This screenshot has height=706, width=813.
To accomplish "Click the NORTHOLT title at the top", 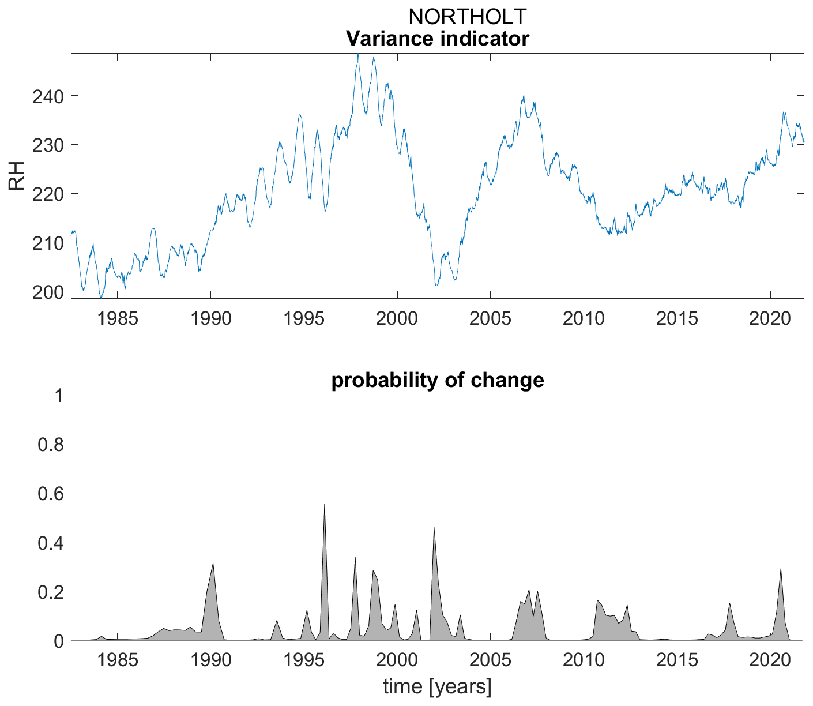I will click(x=467, y=17).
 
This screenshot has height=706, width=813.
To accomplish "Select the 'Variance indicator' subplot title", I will click(x=437, y=39).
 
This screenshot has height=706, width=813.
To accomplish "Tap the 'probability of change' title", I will click(x=437, y=380).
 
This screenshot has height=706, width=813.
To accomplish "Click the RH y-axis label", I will click(x=17, y=175).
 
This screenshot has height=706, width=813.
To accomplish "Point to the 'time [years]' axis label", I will click(x=437, y=687).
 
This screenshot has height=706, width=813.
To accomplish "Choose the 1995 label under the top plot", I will click(x=303, y=318).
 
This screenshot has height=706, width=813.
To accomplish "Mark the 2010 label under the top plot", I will click(x=584, y=318).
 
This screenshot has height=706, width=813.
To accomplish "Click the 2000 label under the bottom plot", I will click(x=397, y=659).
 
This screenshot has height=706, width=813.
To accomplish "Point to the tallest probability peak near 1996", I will click(x=325, y=505).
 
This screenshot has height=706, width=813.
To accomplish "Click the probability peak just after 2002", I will click(x=434, y=528).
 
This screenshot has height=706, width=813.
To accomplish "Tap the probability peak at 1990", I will click(x=213, y=564).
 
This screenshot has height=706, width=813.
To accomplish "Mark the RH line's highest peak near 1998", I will click(x=357, y=55).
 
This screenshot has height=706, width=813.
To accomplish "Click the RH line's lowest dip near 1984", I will click(x=101, y=298).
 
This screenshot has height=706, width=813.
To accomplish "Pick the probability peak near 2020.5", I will click(x=781, y=569).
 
